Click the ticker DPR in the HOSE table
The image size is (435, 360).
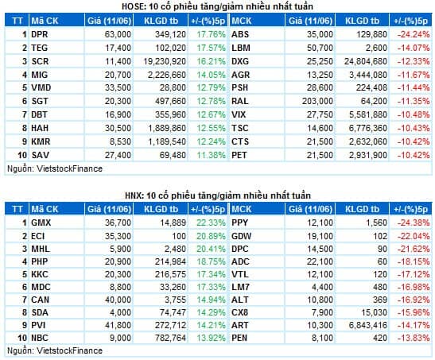(x=40, y=34)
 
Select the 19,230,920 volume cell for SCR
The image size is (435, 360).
(x=165, y=61)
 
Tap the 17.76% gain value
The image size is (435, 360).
(x=211, y=34)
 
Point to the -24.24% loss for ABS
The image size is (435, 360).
(x=414, y=34)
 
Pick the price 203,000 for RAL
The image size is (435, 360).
(x=317, y=101)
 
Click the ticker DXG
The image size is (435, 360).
(x=240, y=61)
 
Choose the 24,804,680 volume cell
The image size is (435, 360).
(x=366, y=61)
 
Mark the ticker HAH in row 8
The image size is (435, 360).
(x=40, y=128)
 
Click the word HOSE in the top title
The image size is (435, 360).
(x=132, y=6)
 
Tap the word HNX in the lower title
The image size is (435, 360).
(x=133, y=195)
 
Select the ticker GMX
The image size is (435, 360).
(x=41, y=223)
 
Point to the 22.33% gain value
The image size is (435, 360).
(x=211, y=223)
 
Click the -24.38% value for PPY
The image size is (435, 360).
(x=414, y=223)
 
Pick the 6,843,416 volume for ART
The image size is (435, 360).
(x=368, y=325)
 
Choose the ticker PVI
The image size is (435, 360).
(x=38, y=325)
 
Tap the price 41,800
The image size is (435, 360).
(x=118, y=325)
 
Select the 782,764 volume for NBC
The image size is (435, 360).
(x=170, y=338)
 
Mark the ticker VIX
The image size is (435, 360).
(x=239, y=114)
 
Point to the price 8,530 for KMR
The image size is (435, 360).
(x=120, y=141)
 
